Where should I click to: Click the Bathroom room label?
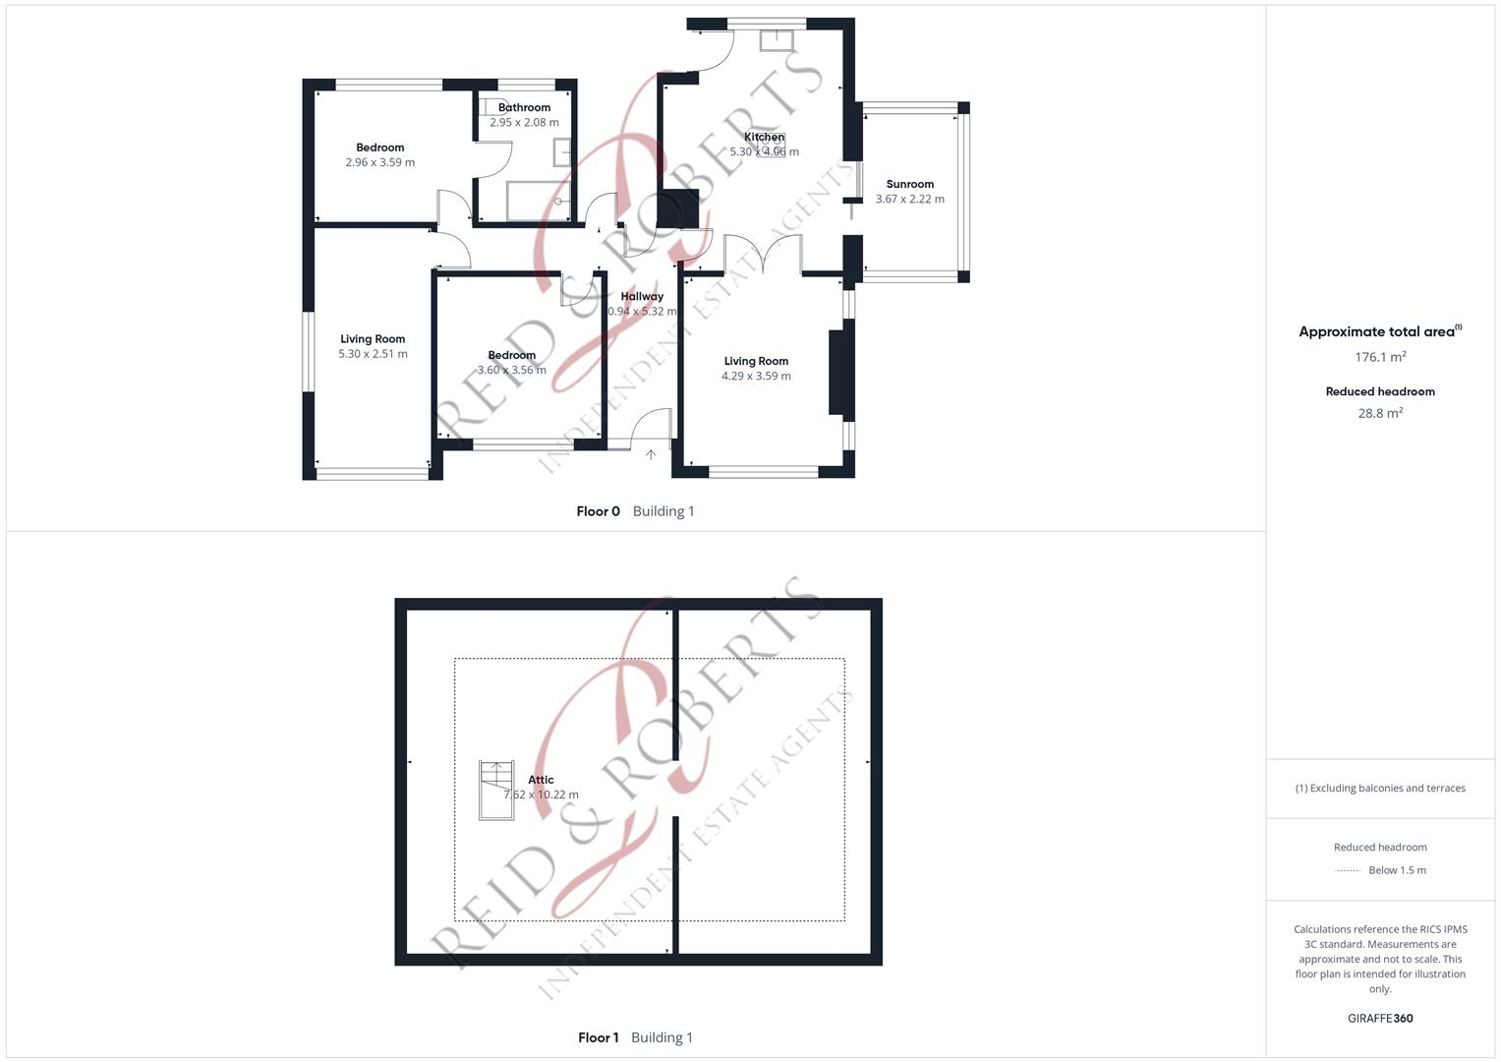(524, 107)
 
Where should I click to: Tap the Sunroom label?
(909, 184)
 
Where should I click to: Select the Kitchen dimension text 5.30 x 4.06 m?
(764, 152)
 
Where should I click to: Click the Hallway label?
(642, 296)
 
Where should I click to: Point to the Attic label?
(541, 780)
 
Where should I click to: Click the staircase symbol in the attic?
(496, 790)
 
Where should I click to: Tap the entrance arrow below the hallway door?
(651, 454)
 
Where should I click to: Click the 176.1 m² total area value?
(1380, 357)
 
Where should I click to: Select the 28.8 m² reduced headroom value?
(1380, 413)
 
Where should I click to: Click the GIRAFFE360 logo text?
(1380, 1018)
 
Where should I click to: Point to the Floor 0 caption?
(598, 511)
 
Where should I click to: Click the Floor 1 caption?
(598, 1037)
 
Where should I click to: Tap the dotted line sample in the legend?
(1348, 870)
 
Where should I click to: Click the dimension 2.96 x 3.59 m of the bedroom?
(380, 162)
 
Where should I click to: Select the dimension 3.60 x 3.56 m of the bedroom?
(511, 370)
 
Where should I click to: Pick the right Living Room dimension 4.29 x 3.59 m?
(756, 376)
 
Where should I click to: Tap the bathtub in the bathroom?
(538, 201)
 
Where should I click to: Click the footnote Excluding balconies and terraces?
(1380, 788)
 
